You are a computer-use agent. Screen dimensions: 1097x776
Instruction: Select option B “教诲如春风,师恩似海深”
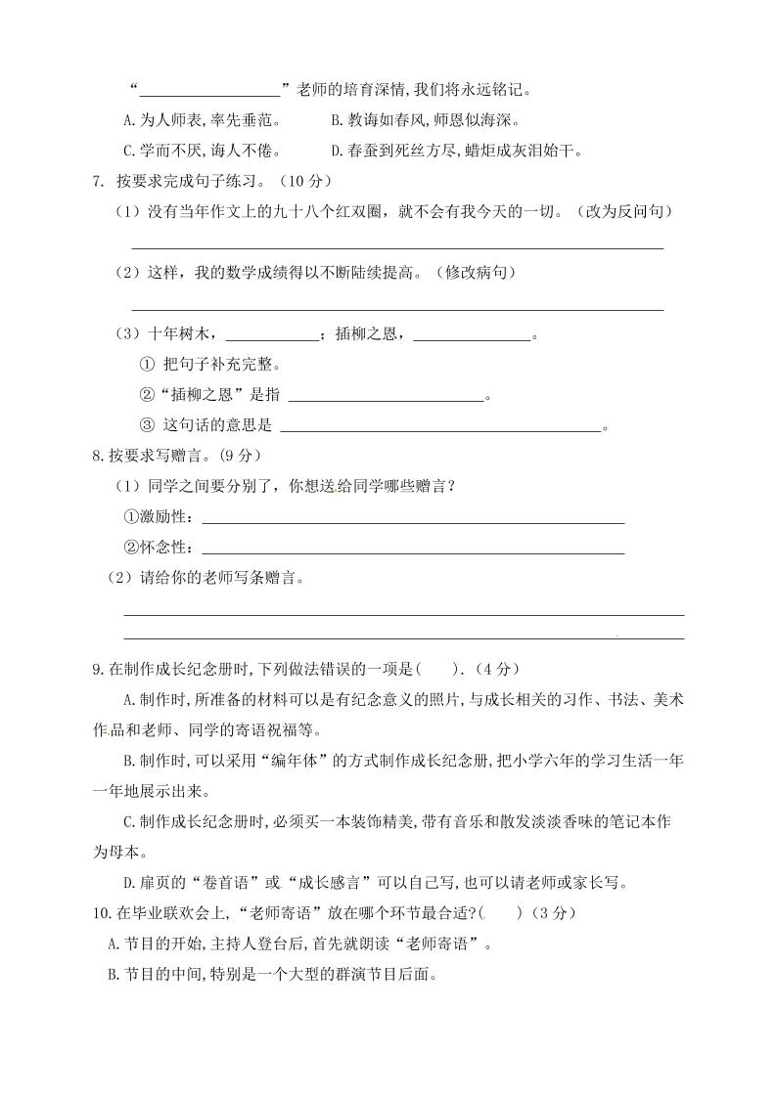(x=425, y=120)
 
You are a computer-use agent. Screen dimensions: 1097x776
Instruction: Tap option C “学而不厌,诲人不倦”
(x=203, y=151)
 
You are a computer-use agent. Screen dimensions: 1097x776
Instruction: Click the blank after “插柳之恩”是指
(x=387, y=396)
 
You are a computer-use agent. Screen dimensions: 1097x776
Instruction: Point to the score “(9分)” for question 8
(x=236, y=456)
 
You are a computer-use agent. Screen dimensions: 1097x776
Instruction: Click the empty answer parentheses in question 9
(x=440, y=669)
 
